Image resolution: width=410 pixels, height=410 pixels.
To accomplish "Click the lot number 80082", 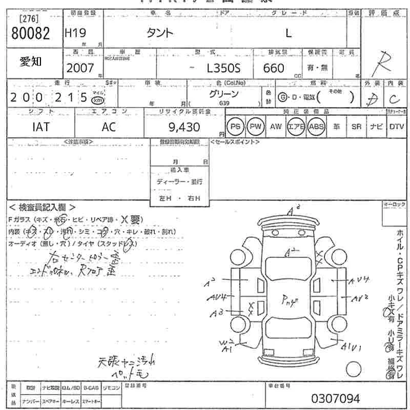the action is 30,33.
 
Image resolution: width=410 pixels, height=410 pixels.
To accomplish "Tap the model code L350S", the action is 230,68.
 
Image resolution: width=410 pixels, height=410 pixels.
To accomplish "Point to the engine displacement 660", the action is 274,68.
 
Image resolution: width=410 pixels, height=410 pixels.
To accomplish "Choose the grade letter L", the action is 289,33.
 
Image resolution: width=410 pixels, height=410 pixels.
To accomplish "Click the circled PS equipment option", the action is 235,126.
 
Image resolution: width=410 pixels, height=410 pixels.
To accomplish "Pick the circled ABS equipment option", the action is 316,126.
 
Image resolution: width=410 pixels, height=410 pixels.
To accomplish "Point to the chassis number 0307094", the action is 336,398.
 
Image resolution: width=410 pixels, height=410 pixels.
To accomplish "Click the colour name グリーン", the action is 223,94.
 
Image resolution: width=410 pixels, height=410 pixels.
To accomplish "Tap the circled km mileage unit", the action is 96,100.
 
